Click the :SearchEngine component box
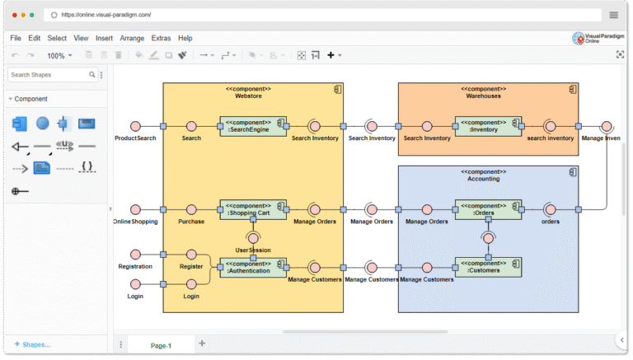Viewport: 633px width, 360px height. (252, 126)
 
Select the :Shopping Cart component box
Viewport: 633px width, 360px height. (252, 209)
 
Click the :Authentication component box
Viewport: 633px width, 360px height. (252, 267)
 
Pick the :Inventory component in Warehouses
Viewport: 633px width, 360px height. (488, 126)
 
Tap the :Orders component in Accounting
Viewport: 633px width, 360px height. (488, 209)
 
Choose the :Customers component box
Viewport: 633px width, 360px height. (488, 267)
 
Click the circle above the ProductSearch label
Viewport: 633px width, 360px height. (135, 126)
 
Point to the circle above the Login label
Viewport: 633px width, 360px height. (135, 284)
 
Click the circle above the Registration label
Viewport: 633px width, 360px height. (135, 255)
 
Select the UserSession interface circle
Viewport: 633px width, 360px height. (253, 237)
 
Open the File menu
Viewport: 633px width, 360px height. (16, 38)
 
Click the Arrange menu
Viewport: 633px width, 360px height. (131, 38)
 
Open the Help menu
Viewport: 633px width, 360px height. (185, 38)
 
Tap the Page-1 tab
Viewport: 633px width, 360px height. (161, 345)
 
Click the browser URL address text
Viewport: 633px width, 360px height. (107, 15)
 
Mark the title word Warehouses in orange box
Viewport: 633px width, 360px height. (483, 96)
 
